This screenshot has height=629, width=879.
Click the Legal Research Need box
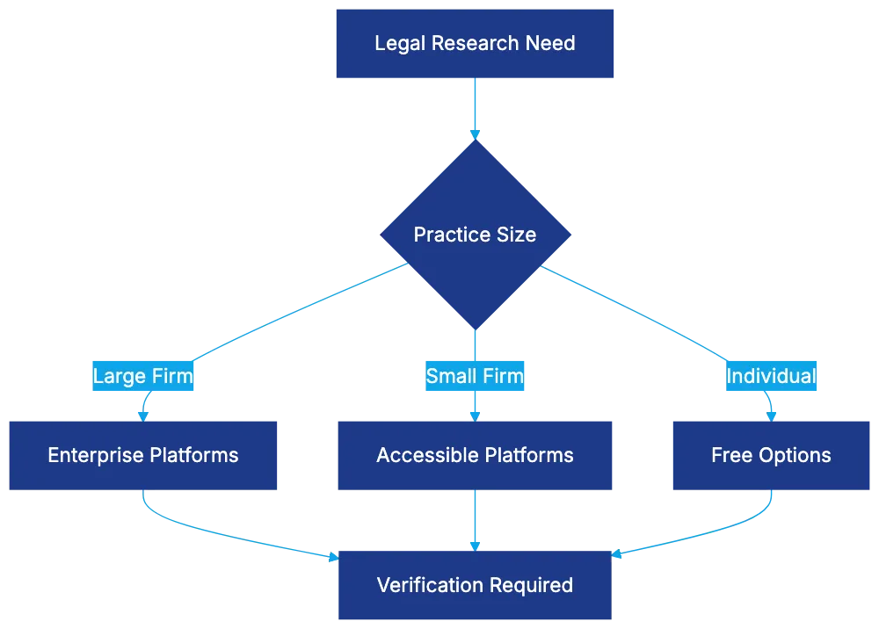click(x=475, y=44)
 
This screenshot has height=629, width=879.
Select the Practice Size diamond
click(x=475, y=235)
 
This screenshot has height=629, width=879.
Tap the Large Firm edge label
click(x=143, y=377)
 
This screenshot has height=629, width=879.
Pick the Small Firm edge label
click(x=475, y=377)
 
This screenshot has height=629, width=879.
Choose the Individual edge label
click(x=771, y=377)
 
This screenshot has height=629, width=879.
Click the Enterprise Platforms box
click(x=143, y=455)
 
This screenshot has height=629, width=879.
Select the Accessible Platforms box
click(x=475, y=455)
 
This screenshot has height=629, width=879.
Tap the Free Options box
click(x=771, y=455)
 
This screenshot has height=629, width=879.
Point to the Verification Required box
click(x=475, y=585)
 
